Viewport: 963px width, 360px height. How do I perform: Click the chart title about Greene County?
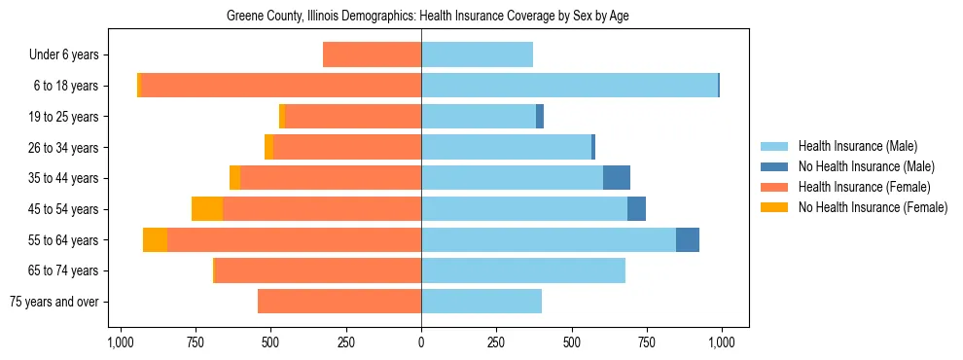tap(421, 17)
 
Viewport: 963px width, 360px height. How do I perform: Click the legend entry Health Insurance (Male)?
tap(857, 146)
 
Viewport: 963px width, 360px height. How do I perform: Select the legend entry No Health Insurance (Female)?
tap(873, 207)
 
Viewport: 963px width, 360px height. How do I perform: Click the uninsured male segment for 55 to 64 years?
tap(688, 240)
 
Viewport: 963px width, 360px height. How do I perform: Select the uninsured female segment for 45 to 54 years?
tap(207, 209)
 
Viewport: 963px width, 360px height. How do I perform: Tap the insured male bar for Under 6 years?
tap(477, 55)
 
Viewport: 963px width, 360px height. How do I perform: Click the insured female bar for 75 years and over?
tap(339, 302)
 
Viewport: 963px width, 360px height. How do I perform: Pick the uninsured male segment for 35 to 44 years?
tap(617, 178)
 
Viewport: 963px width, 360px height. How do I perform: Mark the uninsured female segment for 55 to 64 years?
tap(155, 240)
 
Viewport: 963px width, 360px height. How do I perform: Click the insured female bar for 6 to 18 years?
tap(281, 86)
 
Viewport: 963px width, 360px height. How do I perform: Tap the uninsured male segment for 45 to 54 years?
tap(636, 209)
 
